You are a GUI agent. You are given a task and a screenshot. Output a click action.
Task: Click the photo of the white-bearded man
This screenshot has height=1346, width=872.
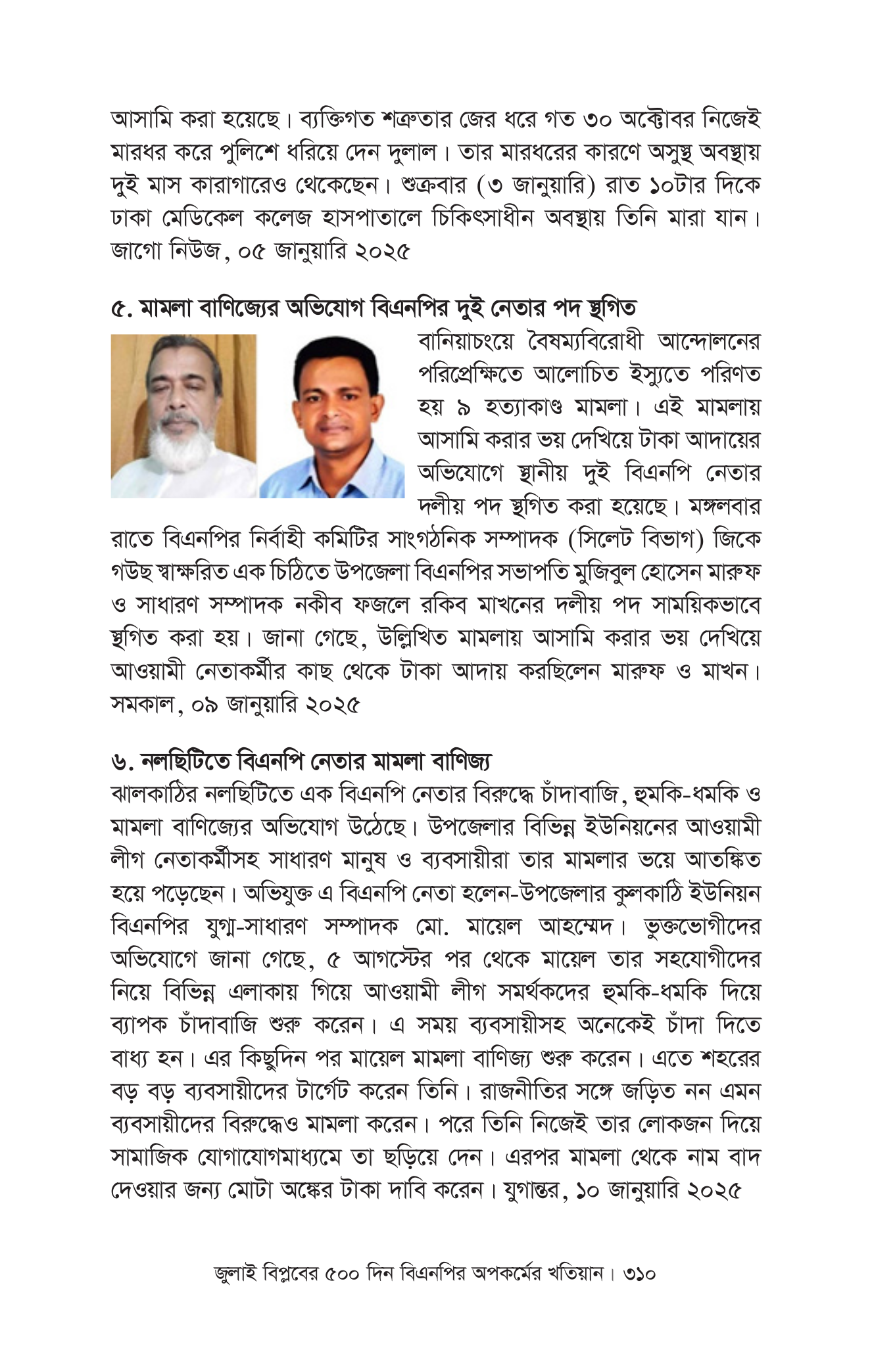tap(183, 415)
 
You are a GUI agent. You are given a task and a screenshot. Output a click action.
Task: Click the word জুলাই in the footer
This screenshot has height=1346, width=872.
tap(235, 1291)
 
